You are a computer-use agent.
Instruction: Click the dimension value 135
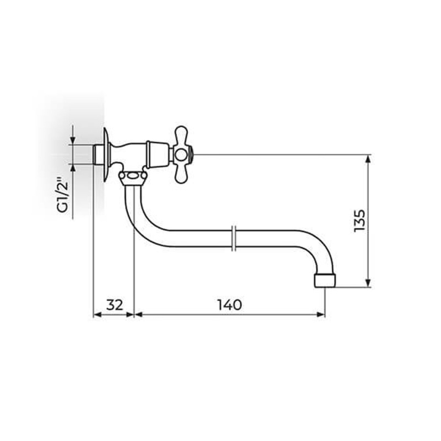(x=359, y=220)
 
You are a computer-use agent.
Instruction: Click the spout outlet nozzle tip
(x=325, y=280)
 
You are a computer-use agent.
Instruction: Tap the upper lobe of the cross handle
(x=181, y=136)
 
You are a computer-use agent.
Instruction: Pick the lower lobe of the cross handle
(x=181, y=173)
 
